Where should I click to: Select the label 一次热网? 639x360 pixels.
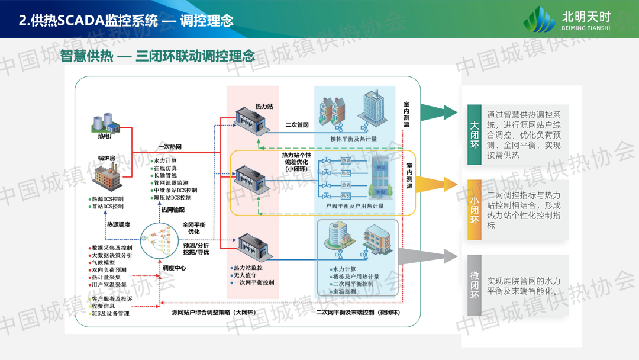click(x=170, y=147)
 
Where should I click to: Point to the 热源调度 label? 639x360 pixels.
click(x=118, y=225)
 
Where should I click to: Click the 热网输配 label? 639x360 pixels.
click(x=173, y=210)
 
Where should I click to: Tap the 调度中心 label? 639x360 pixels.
click(x=175, y=268)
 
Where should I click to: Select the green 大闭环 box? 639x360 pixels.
click(x=474, y=135)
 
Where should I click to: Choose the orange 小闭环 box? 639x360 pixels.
click(x=474, y=210)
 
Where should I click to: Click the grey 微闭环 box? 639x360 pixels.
click(x=474, y=285)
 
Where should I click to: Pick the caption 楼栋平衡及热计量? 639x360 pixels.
click(x=353, y=140)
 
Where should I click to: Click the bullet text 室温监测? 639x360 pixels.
click(x=345, y=291)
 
